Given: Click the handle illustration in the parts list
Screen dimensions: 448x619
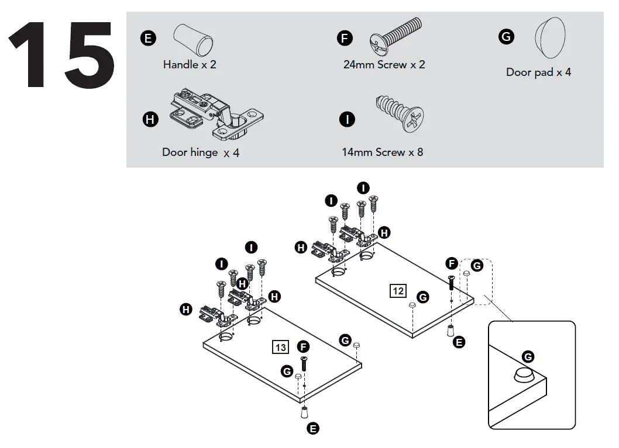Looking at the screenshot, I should [193, 39].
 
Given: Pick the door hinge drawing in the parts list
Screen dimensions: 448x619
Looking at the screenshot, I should [216, 115].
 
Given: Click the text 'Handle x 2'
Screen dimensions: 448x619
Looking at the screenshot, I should [190, 65].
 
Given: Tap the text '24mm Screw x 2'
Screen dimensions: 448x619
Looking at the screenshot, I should [384, 65].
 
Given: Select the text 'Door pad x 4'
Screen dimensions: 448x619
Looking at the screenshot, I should [538, 72].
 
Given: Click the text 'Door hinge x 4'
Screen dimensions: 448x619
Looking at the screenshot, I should [201, 152].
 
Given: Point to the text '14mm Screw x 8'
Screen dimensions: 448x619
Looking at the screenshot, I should [382, 152].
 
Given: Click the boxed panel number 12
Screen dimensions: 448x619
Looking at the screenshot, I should [398, 290].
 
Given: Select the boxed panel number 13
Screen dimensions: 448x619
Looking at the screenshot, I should [281, 348].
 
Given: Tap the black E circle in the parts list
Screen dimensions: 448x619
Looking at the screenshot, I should [148, 39].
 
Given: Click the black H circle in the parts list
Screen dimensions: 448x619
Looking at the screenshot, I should [150, 120].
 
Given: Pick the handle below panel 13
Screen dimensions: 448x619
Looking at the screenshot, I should [304, 412].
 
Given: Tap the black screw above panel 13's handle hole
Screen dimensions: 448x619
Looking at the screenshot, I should [304, 364].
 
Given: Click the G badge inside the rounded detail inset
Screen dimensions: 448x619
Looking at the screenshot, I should [528, 356].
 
